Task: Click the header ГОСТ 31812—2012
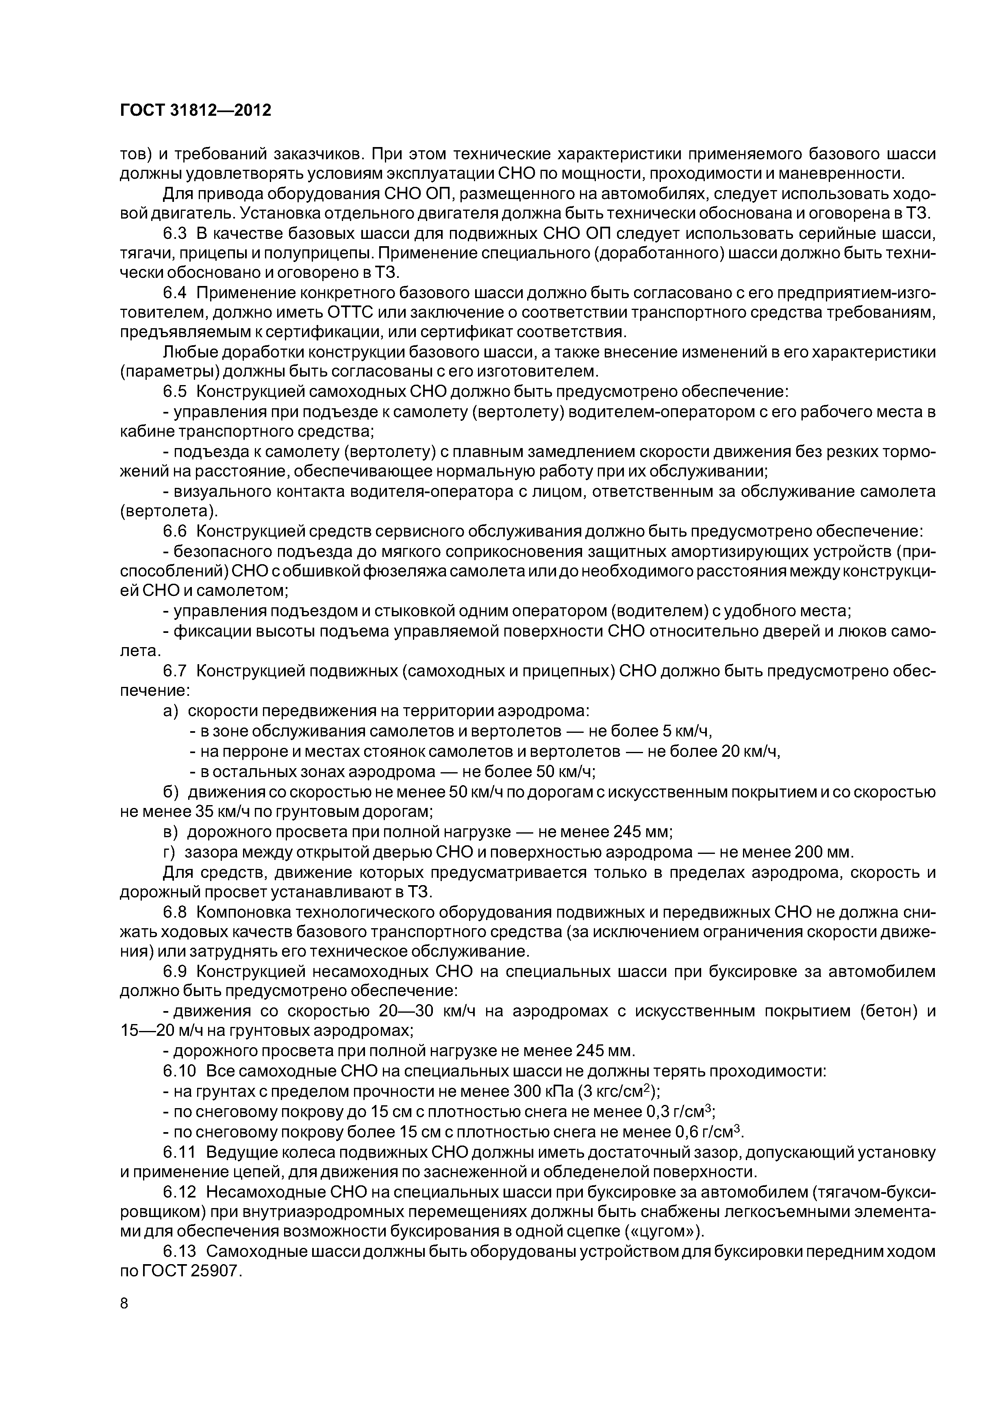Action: pyautogui.click(x=196, y=110)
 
